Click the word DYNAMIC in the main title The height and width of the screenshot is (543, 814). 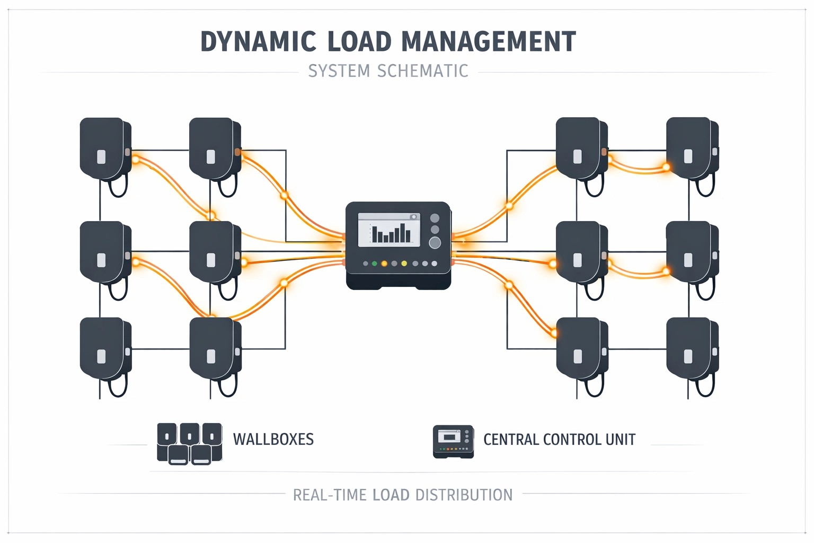258,42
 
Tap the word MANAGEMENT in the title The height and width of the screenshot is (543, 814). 488,42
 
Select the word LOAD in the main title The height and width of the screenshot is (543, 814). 359,42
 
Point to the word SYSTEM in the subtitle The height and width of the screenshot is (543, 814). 339,71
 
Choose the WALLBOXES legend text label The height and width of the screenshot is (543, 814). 273,440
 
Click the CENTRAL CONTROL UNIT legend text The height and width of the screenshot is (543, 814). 559,440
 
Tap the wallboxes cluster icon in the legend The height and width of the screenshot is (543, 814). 189,444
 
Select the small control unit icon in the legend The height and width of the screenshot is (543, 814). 453,441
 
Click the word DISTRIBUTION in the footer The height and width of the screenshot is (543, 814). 464,495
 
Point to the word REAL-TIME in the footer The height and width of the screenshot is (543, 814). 330,495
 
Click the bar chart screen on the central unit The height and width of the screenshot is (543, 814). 389,230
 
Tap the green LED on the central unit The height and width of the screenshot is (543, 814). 375,264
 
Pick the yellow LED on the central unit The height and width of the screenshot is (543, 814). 404,264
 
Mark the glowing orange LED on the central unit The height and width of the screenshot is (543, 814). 384,264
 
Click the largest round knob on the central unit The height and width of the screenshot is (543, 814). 435,243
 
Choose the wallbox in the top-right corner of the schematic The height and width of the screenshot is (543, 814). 691,150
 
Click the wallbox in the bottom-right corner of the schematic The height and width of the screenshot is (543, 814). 691,350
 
